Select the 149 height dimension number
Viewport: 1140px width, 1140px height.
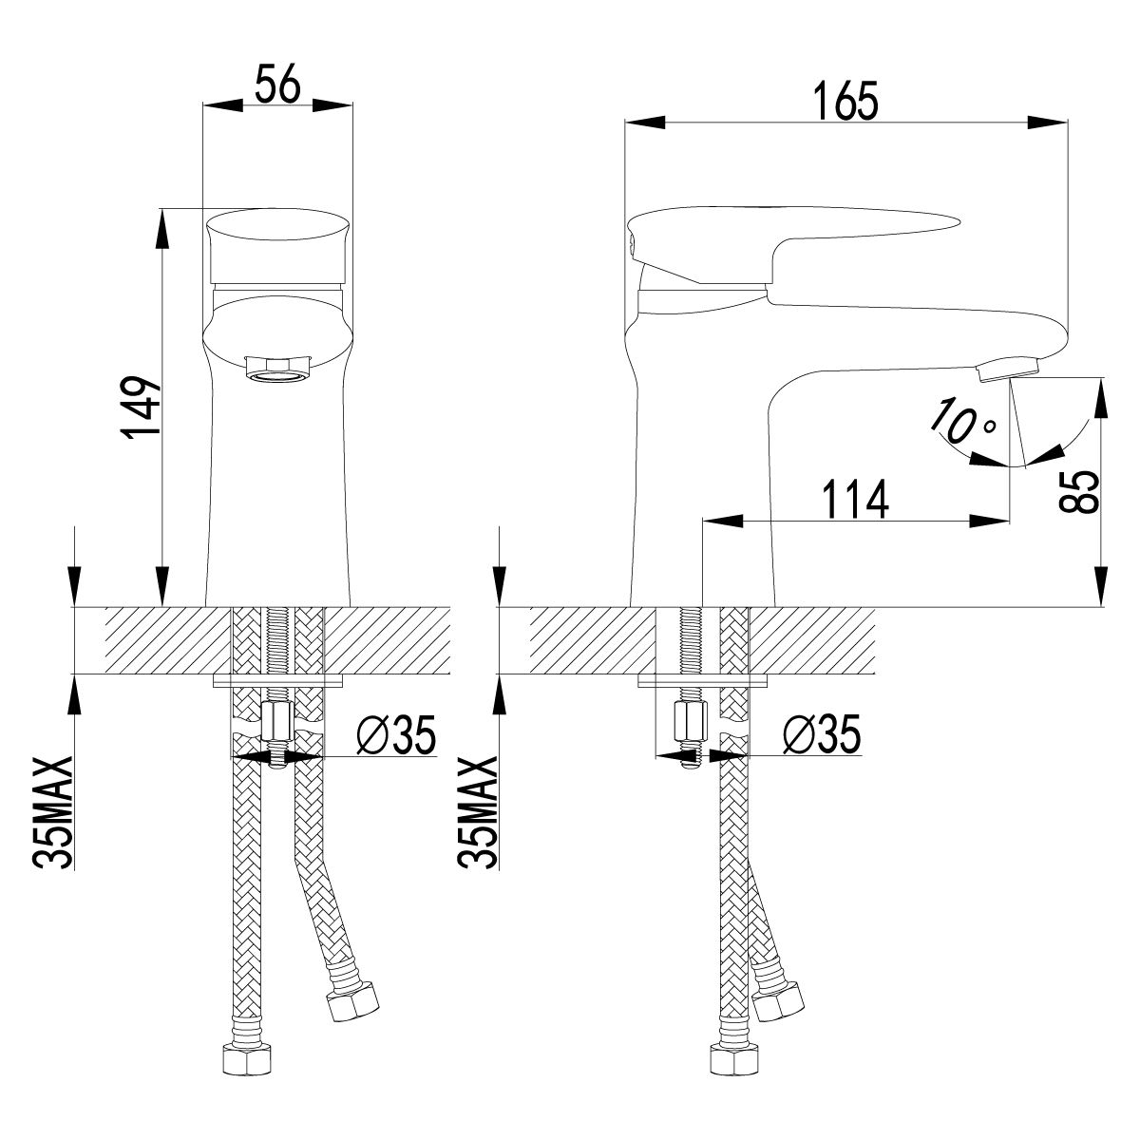(x=142, y=407)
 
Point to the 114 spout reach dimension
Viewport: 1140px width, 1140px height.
(x=856, y=499)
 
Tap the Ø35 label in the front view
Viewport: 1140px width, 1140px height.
(x=396, y=735)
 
